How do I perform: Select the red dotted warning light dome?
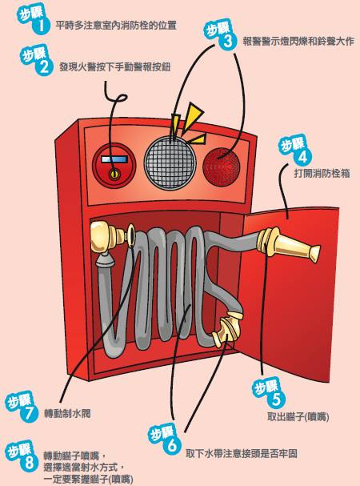(222, 167)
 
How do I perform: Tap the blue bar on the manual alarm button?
(114, 159)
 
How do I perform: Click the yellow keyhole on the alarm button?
(114, 175)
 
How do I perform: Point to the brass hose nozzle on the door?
(289, 247)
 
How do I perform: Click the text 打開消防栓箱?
(322, 173)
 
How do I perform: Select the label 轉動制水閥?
(67, 413)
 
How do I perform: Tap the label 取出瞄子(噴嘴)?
(298, 416)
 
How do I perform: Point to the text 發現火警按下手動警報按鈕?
(115, 66)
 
